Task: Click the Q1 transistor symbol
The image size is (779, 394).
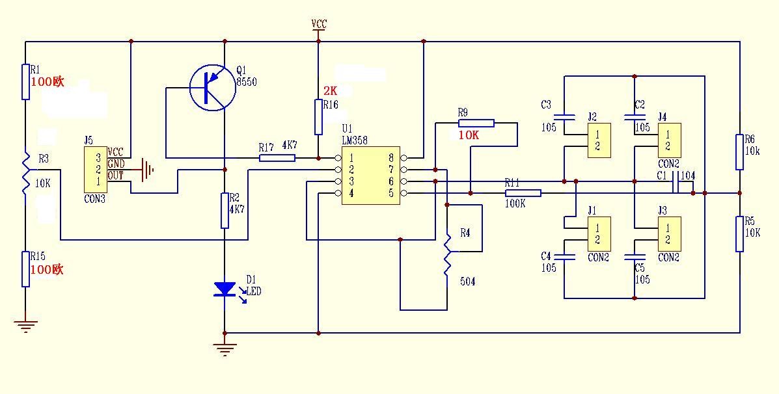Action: coord(213,87)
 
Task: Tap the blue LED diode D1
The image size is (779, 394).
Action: coord(225,289)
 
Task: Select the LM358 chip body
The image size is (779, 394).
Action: coord(371,176)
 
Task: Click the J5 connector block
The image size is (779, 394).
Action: coord(96,169)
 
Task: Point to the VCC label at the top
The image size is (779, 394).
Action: coord(319,24)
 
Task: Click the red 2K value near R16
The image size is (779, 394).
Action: coord(331,91)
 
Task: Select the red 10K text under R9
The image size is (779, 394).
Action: coord(469,135)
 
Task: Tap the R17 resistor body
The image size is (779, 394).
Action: coord(277,158)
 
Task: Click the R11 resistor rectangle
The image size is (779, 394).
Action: coord(523,193)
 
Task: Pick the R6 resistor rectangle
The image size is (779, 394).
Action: coord(740,152)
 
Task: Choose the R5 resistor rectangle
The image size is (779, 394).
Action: coord(740,233)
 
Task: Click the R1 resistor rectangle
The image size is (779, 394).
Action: coord(25,81)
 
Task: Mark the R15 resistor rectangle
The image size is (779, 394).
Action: coord(25,269)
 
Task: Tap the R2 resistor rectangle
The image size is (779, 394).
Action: coord(225,211)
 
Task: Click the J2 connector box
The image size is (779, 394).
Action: coord(599,140)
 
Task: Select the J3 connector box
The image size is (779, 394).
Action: coord(669,234)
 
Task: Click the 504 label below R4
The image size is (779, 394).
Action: coord(467,282)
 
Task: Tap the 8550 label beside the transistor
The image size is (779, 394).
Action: coord(247,83)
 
